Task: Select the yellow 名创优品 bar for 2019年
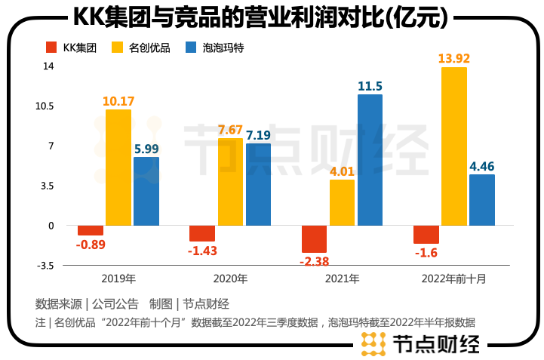118,168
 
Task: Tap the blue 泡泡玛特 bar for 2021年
370,160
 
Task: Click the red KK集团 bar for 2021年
314,238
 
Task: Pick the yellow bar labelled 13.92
454,146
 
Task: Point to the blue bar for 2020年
258,184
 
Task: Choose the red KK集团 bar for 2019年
91,230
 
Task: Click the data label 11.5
370,86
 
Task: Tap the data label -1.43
202,250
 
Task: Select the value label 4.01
342,171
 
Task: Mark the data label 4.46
482,166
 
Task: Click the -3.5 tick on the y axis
45,266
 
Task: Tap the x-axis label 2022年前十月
454,278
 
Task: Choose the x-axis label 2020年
231,278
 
